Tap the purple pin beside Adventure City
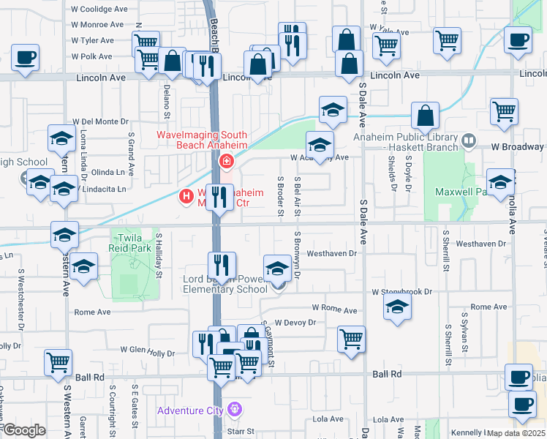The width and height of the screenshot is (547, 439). (234, 408)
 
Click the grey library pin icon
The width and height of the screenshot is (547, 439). (468, 138)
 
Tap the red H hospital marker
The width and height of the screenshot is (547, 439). (186, 196)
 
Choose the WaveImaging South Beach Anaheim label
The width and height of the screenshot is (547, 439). (202, 140)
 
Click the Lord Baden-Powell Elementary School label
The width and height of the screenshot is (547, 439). (225, 283)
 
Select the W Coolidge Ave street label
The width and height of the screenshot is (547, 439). (99, 10)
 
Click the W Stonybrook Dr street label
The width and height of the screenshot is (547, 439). (402, 291)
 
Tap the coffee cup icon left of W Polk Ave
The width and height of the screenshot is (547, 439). (25, 56)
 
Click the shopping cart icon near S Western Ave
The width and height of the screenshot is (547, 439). (58, 361)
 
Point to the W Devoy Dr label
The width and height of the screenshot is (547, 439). (295, 322)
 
